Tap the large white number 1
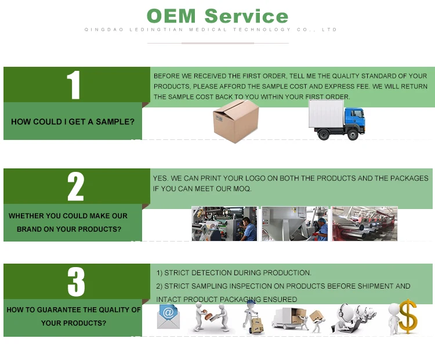click(73, 85)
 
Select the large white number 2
click(75, 186)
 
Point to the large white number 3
click(76, 282)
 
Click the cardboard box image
click(235, 121)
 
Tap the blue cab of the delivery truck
click(352, 121)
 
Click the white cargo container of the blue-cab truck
click(326, 114)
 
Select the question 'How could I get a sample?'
click(72, 122)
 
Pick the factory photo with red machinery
click(364, 224)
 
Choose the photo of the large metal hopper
click(294, 224)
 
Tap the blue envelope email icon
click(168, 316)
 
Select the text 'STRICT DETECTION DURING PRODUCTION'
click(238, 273)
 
